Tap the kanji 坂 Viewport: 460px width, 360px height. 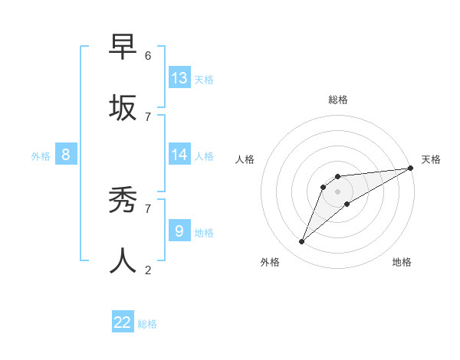point(123,107)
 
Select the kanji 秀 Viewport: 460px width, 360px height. point(123,201)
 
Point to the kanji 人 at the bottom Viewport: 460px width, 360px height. point(123,260)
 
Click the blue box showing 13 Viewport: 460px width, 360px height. point(179,78)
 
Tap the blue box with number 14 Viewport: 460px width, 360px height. point(179,155)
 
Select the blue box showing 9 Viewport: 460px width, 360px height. point(179,231)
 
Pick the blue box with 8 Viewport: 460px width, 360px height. point(66,155)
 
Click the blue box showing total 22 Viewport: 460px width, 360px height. point(123,322)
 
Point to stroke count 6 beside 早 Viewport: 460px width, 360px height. point(148,55)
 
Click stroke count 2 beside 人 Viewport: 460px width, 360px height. point(148,270)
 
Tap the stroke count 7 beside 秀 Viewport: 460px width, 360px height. point(148,208)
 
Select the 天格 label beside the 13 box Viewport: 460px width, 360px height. point(204,79)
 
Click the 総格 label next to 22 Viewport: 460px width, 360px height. point(147,324)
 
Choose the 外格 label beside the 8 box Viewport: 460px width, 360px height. point(41,156)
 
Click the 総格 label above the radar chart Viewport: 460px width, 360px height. point(338,100)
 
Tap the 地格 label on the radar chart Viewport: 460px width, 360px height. point(402,263)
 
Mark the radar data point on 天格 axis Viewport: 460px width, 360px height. point(411,169)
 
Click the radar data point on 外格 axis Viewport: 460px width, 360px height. point(302,242)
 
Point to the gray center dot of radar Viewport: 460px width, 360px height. point(338,191)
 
